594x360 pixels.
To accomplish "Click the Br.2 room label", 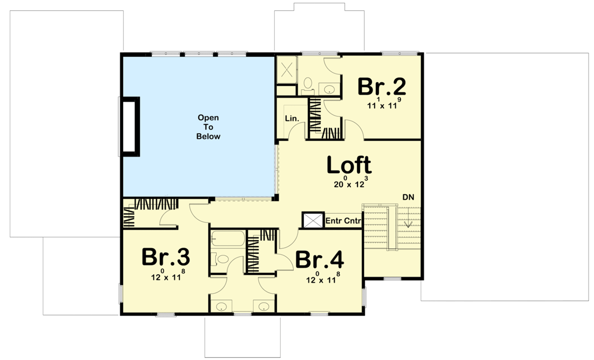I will [x=382, y=86].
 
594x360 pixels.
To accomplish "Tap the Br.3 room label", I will [x=166, y=257].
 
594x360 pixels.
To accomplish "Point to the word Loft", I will [x=349, y=165].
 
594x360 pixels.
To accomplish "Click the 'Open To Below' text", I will [x=208, y=127].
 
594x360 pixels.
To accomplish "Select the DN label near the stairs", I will [x=408, y=198].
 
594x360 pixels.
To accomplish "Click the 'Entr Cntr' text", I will [x=343, y=221].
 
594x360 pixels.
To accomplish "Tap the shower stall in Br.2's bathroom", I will [x=286, y=70].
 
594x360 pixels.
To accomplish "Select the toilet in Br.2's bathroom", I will [x=307, y=84].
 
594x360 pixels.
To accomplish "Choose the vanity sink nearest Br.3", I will [x=221, y=307].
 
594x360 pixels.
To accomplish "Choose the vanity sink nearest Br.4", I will [x=264, y=307].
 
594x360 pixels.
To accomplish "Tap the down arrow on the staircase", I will [x=409, y=223].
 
